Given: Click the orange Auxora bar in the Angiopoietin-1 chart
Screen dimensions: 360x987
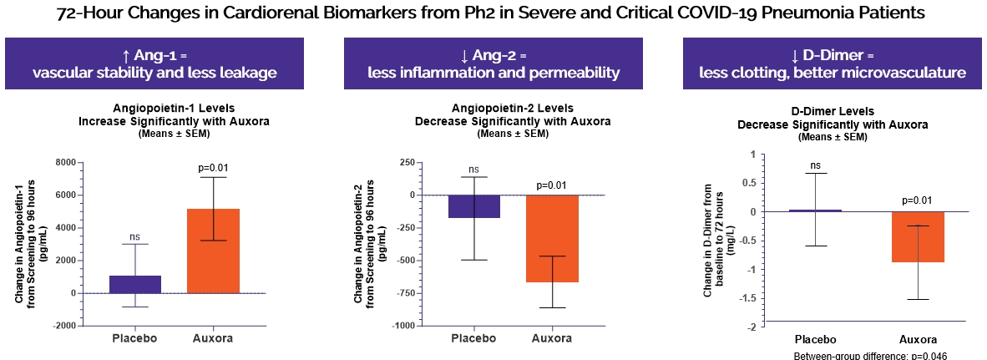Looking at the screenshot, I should (213, 251).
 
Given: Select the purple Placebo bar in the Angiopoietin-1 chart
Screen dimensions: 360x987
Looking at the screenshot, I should (134, 284).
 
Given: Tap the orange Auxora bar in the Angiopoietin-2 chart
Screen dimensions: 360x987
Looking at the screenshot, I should (552, 238).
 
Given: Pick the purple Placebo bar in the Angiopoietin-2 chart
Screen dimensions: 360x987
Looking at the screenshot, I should (473, 206).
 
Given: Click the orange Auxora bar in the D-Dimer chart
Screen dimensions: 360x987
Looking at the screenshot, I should (917, 237).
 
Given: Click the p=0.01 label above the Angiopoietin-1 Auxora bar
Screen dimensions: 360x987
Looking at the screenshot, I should (213, 168).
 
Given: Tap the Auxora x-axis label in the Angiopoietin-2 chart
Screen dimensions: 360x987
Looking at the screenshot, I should (552, 338).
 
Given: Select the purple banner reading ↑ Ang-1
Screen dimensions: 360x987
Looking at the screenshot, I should (154, 64).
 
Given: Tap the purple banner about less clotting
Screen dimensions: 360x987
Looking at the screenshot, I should (833, 64).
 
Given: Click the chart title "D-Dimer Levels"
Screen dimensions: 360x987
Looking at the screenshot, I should (833, 111).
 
